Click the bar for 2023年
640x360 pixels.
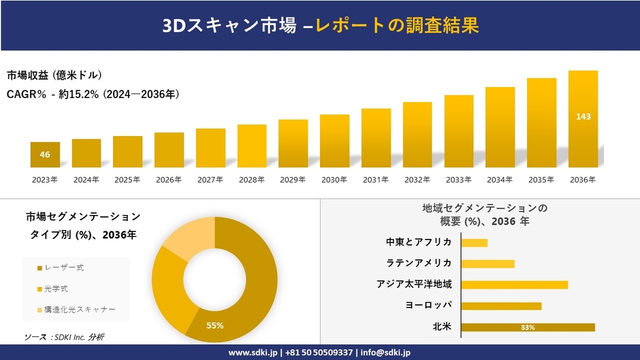tap(45, 154)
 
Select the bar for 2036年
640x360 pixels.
tap(583, 119)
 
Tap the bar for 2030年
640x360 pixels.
tap(334, 141)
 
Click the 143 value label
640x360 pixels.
tap(583, 116)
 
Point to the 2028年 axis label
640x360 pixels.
tap(251, 180)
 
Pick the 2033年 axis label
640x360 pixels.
tap(458, 180)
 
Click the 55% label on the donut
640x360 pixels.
tap(215, 325)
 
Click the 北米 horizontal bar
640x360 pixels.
tap(528, 327)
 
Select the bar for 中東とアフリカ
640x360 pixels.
tap(475, 243)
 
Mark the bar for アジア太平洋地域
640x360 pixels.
tap(514, 284)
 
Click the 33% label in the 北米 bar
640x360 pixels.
tap(528, 327)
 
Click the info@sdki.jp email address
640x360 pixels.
tap(386, 352)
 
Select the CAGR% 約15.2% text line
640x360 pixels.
tap(93, 94)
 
